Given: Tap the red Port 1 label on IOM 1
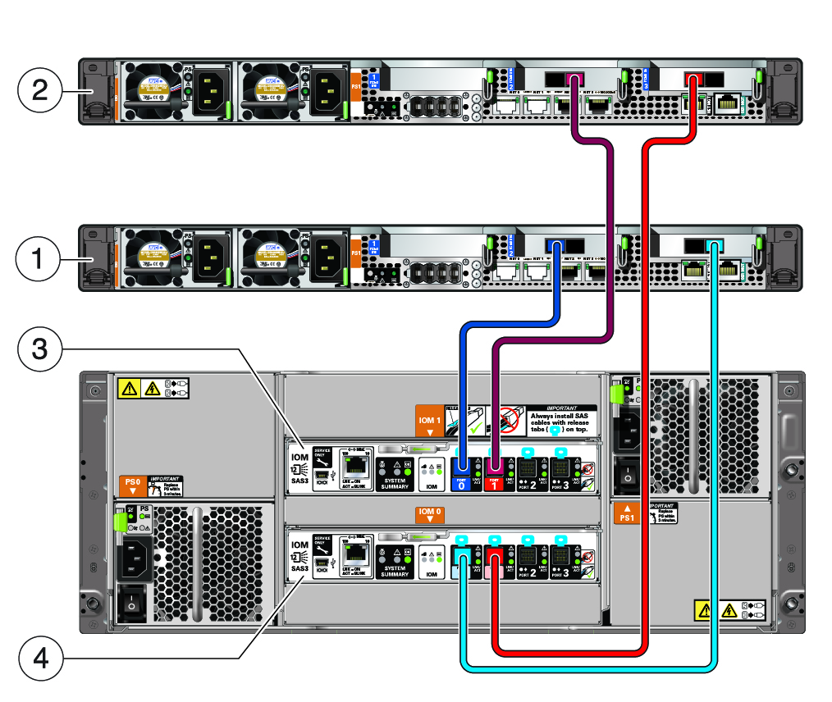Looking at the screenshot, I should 495,484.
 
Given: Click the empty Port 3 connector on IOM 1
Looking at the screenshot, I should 560,468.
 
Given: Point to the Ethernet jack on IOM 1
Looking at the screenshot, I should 357,463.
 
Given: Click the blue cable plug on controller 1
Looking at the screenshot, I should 557,245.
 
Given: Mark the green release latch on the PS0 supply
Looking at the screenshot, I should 119,522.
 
